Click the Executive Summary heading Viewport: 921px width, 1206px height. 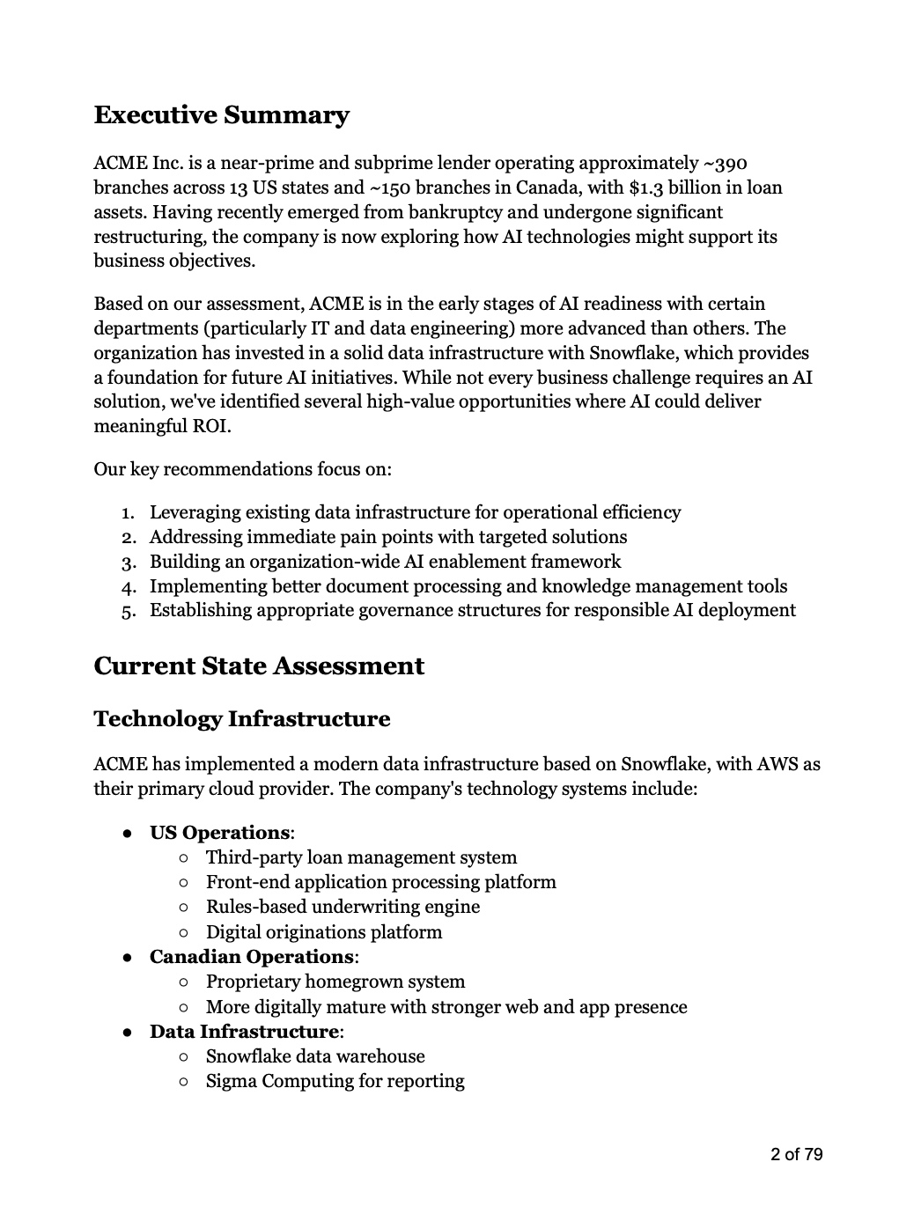click(221, 115)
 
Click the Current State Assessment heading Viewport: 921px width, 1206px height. click(258, 666)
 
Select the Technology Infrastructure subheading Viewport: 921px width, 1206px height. click(241, 719)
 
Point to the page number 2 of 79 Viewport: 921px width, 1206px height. click(796, 1154)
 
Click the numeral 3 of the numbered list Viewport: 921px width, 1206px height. click(128, 563)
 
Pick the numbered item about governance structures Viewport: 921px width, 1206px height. click(472, 611)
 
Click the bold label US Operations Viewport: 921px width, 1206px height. click(219, 833)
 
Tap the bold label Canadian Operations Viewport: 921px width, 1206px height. click(251, 957)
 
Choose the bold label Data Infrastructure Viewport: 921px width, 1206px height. click(244, 1032)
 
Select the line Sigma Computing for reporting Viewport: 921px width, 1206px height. click(335, 1081)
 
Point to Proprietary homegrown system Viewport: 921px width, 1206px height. click(335, 982)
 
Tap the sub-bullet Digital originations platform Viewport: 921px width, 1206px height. click(324, 932)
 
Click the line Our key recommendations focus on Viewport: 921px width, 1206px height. click(242, 468)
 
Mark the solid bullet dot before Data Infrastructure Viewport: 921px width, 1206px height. click(129, 1032)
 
